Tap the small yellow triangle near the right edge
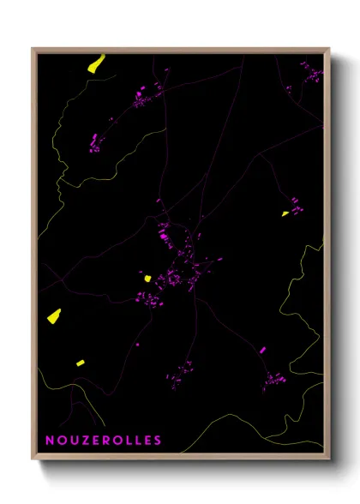tap(285, 213)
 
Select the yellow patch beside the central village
tap(147, 278)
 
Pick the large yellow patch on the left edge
tap(54, 315)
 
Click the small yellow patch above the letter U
tap(80, 363)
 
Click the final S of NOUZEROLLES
tap(158, 441)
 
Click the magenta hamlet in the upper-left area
tap(94, 141)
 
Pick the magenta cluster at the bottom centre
tap(183, 373)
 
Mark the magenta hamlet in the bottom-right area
tap(273, 378)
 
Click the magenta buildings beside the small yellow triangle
tap(294, 206)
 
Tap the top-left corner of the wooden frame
tap(33, 49)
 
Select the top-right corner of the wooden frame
tap(329, 49)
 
